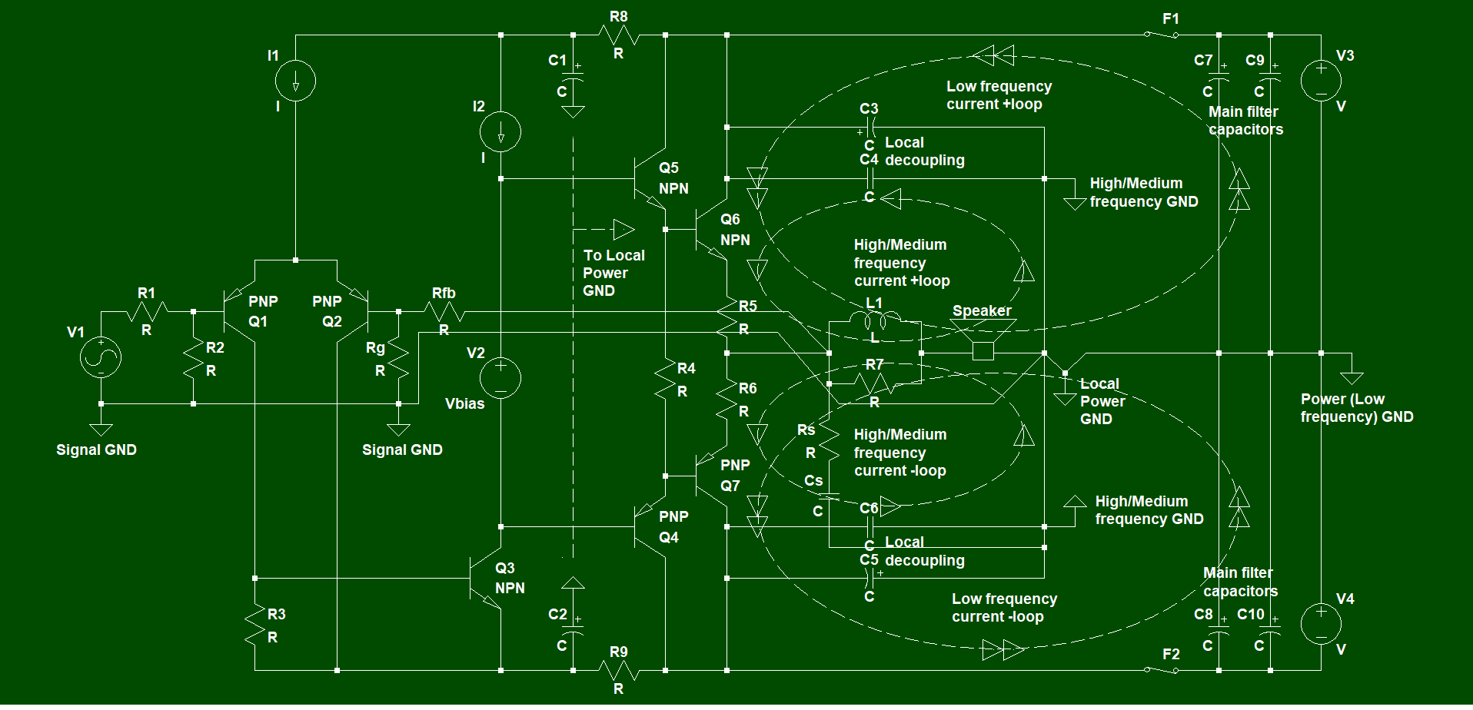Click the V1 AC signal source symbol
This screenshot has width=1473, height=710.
[101, 357]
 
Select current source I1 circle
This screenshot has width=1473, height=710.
[295, 80]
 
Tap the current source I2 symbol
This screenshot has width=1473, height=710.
[500, 132]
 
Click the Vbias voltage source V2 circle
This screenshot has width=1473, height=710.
[500, 378]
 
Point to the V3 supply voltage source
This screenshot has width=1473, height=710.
[1321, 80]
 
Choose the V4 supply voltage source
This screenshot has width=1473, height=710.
[1321, 623]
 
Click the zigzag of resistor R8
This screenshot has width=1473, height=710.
[619, 35]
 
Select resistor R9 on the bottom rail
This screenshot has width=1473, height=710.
[619, 671]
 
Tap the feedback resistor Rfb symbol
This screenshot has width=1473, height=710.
[444, 312]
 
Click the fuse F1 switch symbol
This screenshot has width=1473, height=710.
[1161, 34]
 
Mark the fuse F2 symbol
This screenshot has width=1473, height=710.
[1161, 669]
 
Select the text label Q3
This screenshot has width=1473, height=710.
[505, 569]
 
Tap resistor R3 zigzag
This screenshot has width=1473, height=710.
[254, 624]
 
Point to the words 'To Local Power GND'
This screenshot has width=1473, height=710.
[613, 273]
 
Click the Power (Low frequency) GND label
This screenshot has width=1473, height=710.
[1357, 408]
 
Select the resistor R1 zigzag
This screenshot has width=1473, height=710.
[147, 312]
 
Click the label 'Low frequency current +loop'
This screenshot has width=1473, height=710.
[999, 95]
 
